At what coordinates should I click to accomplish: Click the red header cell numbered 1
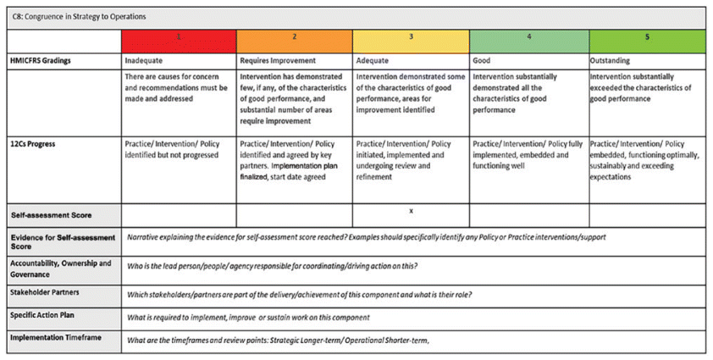pos(179,39)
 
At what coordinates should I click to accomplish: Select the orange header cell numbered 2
pos(294,39)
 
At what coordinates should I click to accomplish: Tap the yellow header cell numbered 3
pos(411,39)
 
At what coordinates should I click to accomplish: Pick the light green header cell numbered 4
pos(528,39)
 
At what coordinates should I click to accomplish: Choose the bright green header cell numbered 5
pos(646,39)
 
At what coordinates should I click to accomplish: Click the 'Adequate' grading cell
pos(373,61)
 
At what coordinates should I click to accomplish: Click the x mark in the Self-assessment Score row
pos(411,209)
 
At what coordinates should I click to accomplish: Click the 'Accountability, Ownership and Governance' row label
pos(59,269)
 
